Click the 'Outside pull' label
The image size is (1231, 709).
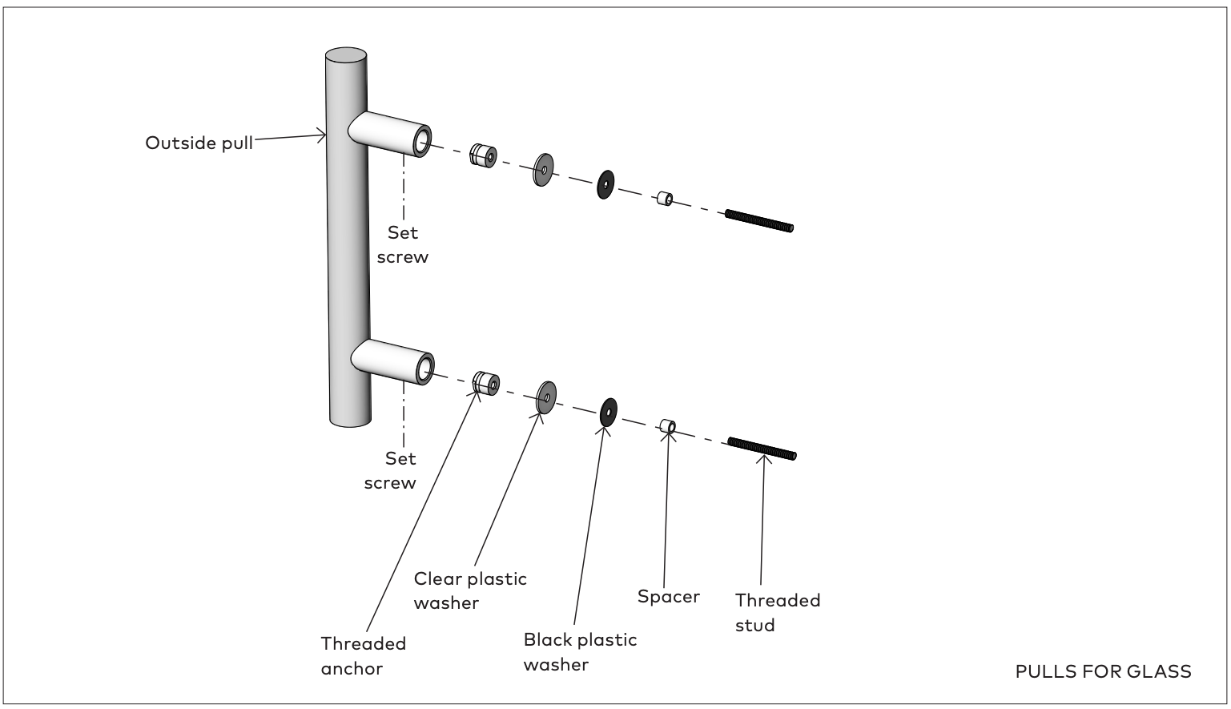[x=199, y=143]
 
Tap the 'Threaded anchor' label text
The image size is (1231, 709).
[x=363, y=655]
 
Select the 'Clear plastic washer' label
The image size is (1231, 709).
[x=470, y=590]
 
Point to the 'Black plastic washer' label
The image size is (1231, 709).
[x=580, y=651]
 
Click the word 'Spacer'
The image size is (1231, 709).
[x=669, y=596]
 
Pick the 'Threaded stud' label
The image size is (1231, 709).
[x=778, y=612]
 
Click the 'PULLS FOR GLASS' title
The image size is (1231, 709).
[x=1103, y=671]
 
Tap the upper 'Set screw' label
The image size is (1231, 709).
[x=403, y=244]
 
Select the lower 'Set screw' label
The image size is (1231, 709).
[x=391, y=470]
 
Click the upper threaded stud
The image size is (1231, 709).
[x=758, y=220]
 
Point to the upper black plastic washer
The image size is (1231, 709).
[x=605, y=184]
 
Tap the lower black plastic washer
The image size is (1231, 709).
[x=608, y=413]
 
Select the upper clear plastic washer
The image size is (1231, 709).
[x=543, y=170]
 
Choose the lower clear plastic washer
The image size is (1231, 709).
[x=546, y=397]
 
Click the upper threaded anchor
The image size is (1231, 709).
[x=482, y=155]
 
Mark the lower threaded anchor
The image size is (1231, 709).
[x=485, y=383]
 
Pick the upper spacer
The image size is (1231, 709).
[x=663, y=198]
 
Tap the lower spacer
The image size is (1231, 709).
[x=666, y=425]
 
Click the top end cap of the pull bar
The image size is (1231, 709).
[x=346, y=57]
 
